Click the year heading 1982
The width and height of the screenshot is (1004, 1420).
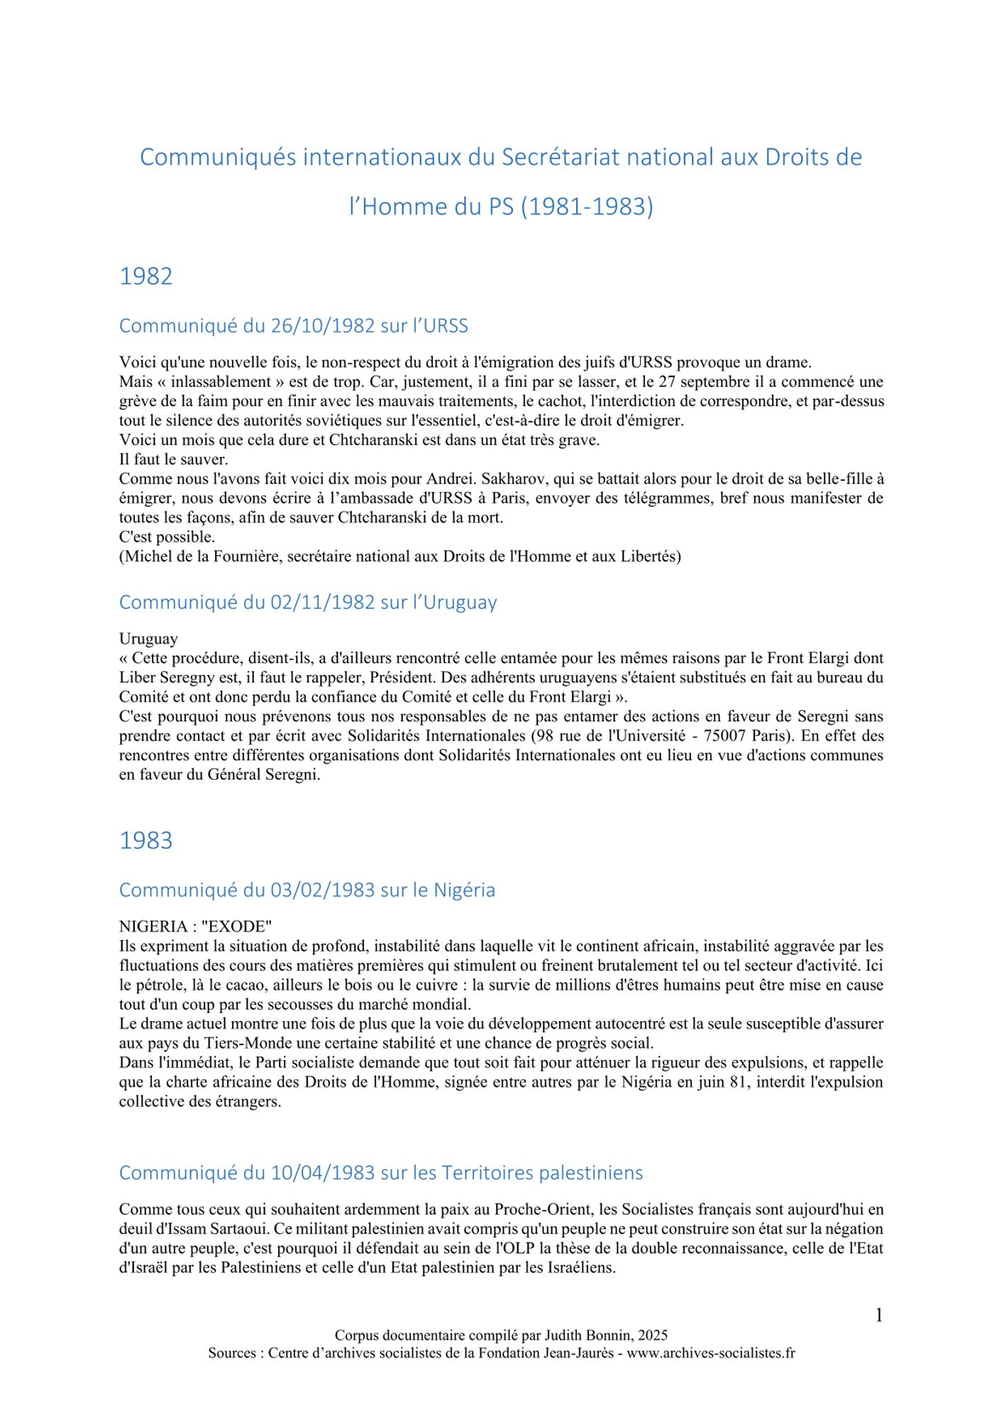pyautogui.click(x=145, y=276)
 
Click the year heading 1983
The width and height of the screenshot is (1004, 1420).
pyautogui.click(x=145, y=840)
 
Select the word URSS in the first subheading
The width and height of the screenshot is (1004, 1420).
pyautogui.click(x=446, y=326)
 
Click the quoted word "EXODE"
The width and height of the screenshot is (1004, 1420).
pyautogui.click(x=236, y=927)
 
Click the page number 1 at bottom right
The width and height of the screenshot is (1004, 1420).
pyautogui.click(x=878, y=1316)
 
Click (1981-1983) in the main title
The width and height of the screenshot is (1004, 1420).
pyautogui.click(x=587, y=207)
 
